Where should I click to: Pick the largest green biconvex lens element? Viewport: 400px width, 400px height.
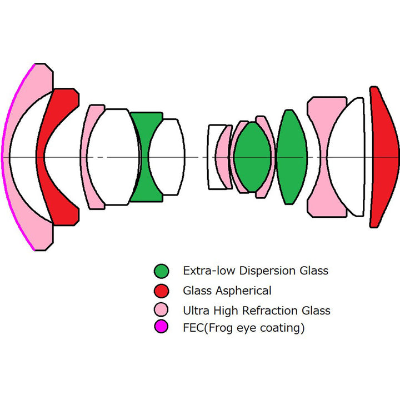[x=291, y=157]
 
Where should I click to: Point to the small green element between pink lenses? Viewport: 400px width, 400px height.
[x=253, y=157]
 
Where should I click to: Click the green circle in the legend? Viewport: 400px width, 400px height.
[x=161, y=271]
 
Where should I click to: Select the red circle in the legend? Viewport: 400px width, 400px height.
[x=161, y=291]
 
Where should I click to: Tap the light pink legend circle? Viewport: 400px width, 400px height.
[x=161, y=310]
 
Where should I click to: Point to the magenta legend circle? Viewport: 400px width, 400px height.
[x=161, y=328]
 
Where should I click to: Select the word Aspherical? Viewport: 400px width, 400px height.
[x=241, y=291]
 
